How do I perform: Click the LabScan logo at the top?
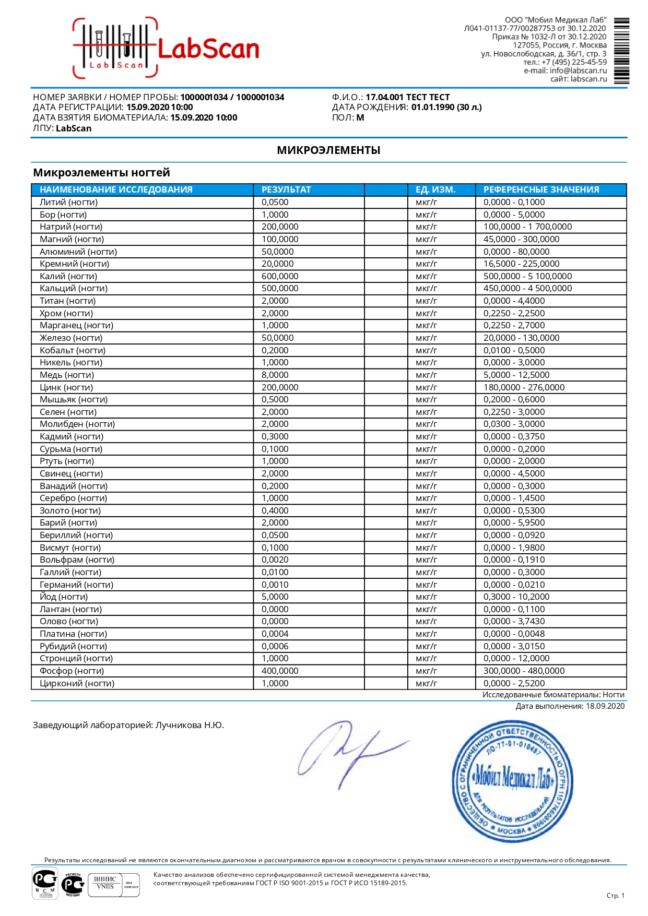pos(166,48)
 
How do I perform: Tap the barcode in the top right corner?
pos(621,51)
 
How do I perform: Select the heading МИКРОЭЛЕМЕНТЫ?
pos(328,150)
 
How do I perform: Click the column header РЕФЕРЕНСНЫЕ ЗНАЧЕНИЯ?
pos(541,189)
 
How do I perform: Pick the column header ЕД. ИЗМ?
pos(435,189)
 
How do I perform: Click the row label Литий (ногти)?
pos(69,202)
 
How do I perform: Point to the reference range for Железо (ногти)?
pos(521,338)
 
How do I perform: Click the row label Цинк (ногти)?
pos(66,387)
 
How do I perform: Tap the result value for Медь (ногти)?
pos(275,375)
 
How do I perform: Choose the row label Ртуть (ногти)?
pos(67,461)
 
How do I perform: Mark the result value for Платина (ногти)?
pos(275,634)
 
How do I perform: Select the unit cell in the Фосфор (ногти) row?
pos(426,671)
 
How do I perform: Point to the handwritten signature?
pos(350,752)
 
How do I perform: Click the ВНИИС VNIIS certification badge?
pos(105,883)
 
